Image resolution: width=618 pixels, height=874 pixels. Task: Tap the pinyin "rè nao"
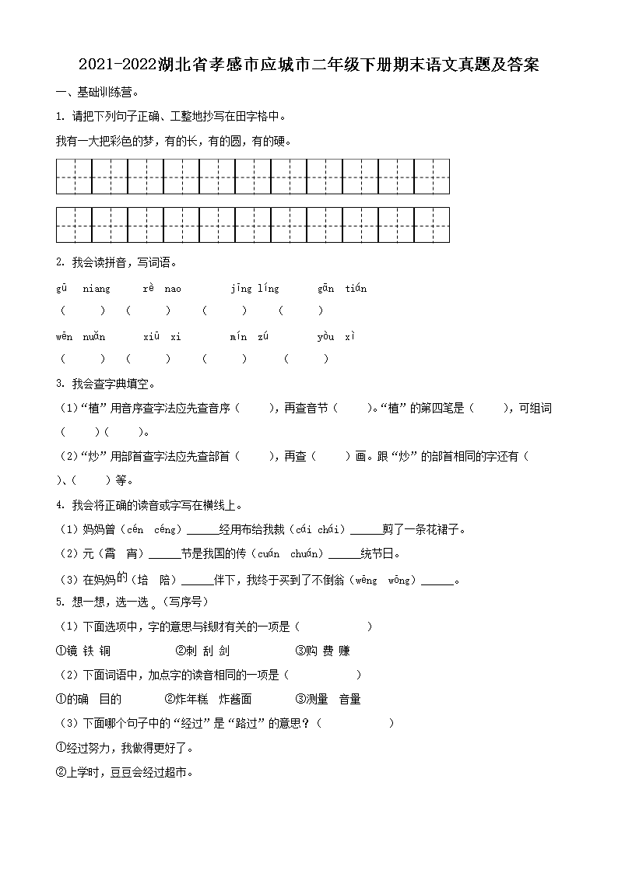161,289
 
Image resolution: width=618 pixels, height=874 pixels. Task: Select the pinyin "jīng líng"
255,289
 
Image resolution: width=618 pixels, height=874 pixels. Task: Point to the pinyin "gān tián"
342,289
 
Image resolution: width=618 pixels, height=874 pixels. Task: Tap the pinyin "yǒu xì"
336,337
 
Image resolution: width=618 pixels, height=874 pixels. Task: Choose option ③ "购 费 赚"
322,651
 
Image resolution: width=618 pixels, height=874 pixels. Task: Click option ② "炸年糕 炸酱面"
208,700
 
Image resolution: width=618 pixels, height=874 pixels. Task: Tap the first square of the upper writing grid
74,177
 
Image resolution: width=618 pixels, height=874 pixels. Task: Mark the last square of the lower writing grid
432,225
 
